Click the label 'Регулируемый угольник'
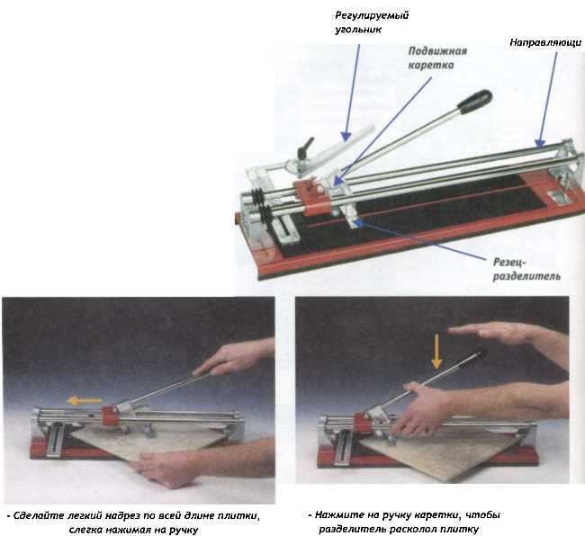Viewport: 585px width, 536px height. coord(372,22)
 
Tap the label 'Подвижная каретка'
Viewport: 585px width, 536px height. coord(437,58)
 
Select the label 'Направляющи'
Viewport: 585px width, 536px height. coord(545,42)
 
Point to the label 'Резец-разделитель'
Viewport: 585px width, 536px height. coord(526,269)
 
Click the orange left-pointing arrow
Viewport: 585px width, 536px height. coord(85,401)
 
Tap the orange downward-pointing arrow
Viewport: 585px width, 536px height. coord(436,352)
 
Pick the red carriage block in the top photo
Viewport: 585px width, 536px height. coord(312,197)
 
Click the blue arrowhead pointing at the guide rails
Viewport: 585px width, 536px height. coord(540,143)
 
